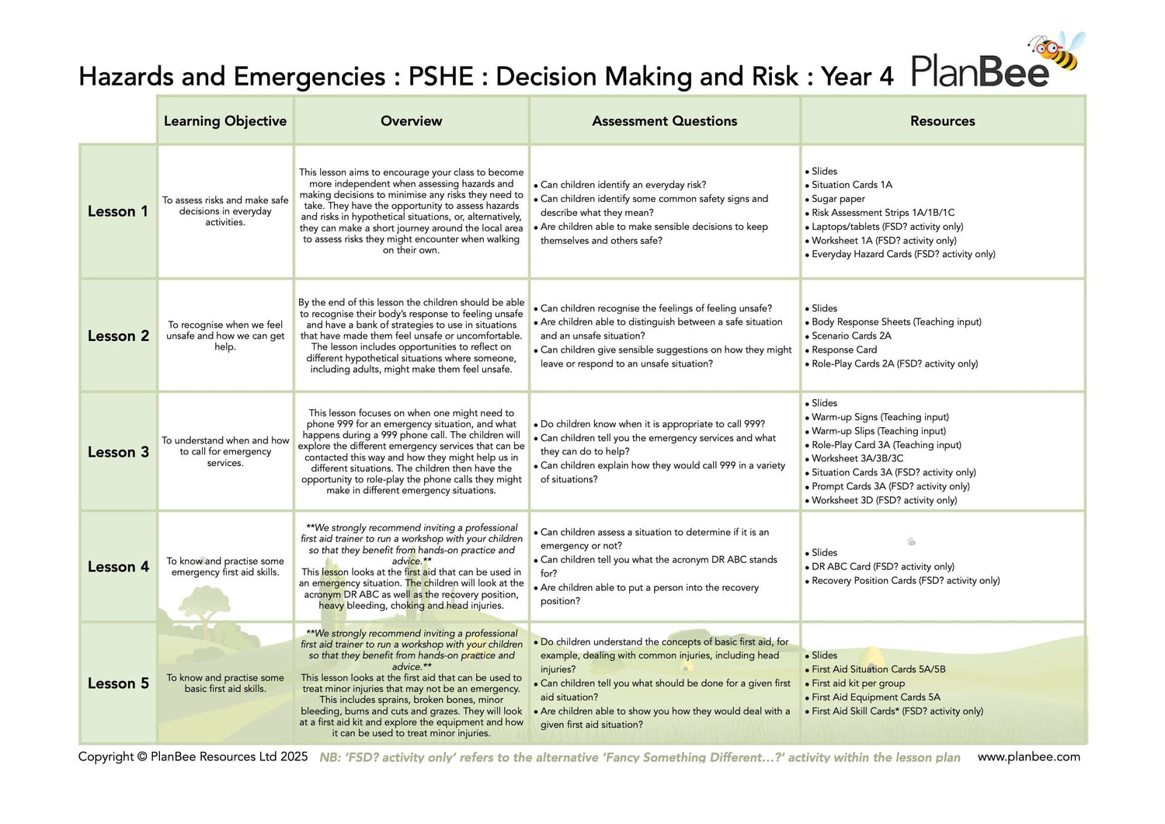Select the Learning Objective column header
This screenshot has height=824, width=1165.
coord(225,121)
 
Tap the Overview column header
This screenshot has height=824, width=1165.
coord(411,121)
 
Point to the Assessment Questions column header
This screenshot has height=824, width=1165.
coord(664,121)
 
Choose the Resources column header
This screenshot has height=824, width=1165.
coord(942,121)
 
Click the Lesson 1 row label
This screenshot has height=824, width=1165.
coord(117,211)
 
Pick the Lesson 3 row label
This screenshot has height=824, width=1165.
coord(118,452)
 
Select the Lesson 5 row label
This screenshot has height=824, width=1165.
coord(118,683)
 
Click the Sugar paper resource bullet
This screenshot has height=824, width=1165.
coord(838,199)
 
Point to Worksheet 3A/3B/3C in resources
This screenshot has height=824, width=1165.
coord(857,458)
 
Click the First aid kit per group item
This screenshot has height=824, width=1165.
coord(858,683)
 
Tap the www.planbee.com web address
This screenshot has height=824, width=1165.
coord(1028,756)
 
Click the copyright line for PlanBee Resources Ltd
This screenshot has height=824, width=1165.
coord(193,756)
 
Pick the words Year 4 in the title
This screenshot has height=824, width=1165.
coord(857,77)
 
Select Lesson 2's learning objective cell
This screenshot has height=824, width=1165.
coord(225,336)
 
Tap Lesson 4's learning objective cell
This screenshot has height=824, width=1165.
coord(225,566)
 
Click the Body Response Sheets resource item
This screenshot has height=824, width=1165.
coord(896,322)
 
